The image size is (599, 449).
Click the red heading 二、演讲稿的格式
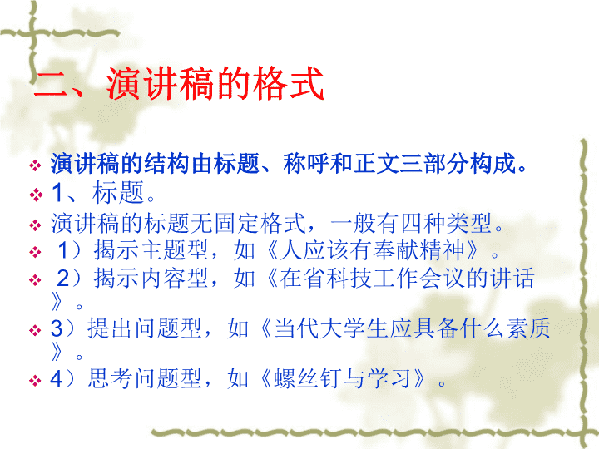coord(179,83)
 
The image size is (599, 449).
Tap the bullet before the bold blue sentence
coord(35,165)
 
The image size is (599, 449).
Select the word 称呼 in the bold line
coord(306,164)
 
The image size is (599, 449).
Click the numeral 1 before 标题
coord(57,192)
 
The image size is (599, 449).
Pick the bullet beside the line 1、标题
coord(36,195)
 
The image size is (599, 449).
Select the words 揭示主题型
coord(151,250)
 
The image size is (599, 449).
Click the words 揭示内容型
coord(151,278)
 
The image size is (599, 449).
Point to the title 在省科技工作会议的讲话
coord(407,278)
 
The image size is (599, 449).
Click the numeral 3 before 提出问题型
coord(57,328)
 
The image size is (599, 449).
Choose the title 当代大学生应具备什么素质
coord(412,328)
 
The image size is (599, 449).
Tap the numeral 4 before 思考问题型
coord(57,379)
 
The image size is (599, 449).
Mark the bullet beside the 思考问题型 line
coord(35,381)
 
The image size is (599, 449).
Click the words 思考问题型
coord(145,379)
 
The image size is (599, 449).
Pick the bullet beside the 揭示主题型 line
coord(35,253)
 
